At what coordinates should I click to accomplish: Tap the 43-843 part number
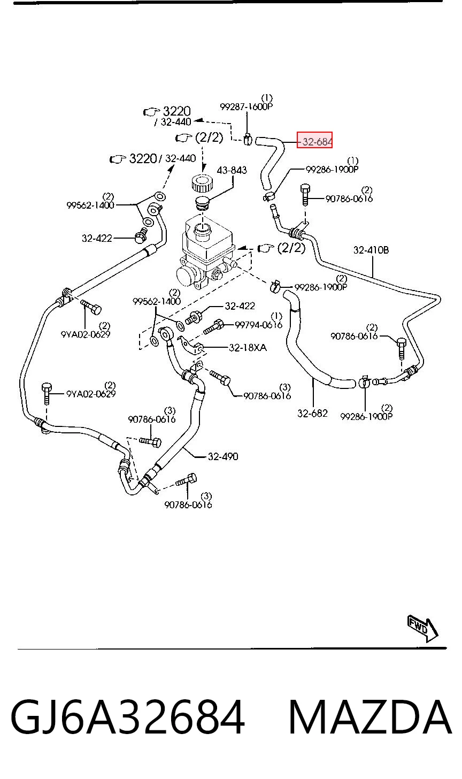tap(232, 170)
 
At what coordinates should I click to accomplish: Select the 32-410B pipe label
tap(371, 250)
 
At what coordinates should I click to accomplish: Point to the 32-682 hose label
tap(312, 413)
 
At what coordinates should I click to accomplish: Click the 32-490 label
tap(223, 456)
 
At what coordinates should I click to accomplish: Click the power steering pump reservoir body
tap(207, 239)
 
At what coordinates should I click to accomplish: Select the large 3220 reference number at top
tap(177, 111)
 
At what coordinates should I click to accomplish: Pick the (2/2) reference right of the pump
tap(291, 248)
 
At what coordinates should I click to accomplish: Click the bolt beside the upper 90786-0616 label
tap(305, 195)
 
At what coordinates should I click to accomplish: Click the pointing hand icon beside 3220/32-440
tap(118, 159)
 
